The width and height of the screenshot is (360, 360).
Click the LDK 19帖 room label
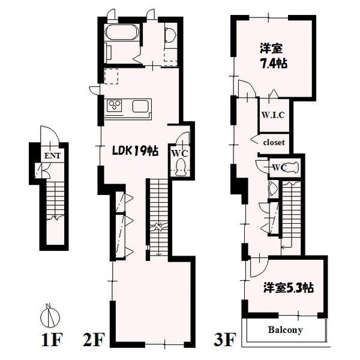pyautogui.click(x=135, y=151)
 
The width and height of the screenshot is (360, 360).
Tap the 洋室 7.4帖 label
pyautogui.click(x=273, y=56)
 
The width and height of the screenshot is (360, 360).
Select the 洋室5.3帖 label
pyautogui.click(x=289, y=287)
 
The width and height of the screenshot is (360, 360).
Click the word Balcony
pyautogui.click(x=286, y=331)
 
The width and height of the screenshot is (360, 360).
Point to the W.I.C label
pyautogui.click(x=273, y=115)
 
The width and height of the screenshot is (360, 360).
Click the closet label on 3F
pyautogui.click(x=274, y=142)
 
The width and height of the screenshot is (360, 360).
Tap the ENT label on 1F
pyautogui.click(x=52, y=156)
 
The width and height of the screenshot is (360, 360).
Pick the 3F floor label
pyautogui.click(x=225, y=340)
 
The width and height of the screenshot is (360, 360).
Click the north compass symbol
pyautogui.click(x=50, y=316)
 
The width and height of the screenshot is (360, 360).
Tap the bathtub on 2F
pyautogui.click(x=122, y=33)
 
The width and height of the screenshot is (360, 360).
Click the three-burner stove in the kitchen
pyautogui.click(x=115, y=106)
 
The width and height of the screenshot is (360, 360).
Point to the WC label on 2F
pyautogui.click(x=180, y=154)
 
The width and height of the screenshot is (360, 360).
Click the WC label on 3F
pyautogui.click(x=280, y=167)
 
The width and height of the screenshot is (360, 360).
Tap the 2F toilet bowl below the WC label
pyautogui.click(x=181, y=168)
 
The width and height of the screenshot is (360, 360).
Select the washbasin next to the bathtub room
pyautogui.click(x=170, y=35)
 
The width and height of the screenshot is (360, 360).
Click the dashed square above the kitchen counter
pyautogui.click(x=112, y=76)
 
